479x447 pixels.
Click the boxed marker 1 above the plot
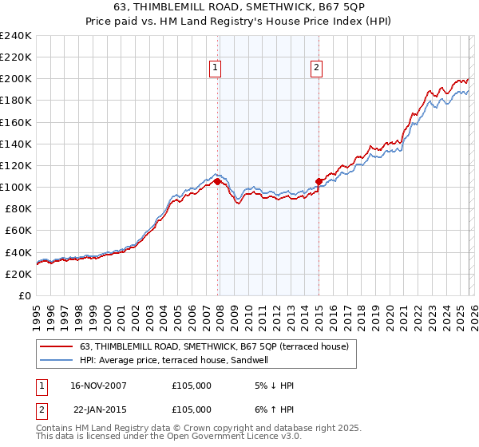coord(216,69)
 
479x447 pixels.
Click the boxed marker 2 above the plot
coord(316,69)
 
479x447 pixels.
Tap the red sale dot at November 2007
coord(218,182)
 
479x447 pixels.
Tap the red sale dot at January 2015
coord(319,181)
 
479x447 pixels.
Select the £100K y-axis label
coord(16,187)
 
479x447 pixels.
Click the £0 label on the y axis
coord(24,295)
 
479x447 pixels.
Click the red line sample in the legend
coord(57,347)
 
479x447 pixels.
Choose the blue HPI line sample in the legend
coord(57,361)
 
